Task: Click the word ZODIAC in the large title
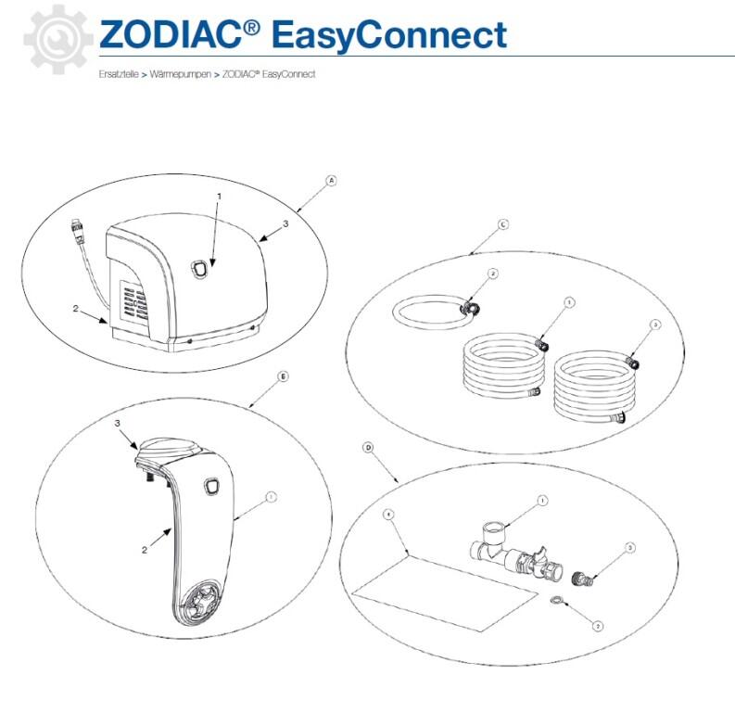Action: tap(172, 35)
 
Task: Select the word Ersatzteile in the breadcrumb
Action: tap(118, 73)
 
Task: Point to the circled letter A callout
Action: tap(331, 182)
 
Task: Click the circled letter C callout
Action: tap(502, 223)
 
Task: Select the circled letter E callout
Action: tap(283, 377)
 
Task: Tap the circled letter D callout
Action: tap(368, 447)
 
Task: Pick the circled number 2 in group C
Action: tap(493, 274)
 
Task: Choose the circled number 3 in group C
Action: tap(655, 325)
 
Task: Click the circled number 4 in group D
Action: tap(388, 513)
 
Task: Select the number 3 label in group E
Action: tap(119, 424)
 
